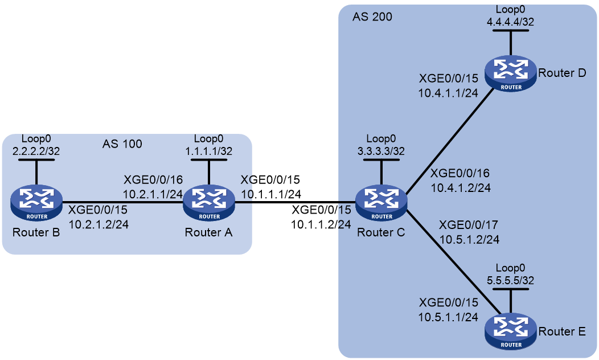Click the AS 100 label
[122, 144]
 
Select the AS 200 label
[372, 17]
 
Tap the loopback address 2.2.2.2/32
[36, 152]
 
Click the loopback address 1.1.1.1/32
[208, 152]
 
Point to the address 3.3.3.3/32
[381, 152]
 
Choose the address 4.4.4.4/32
[510, 22]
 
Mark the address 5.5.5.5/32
[510, 280]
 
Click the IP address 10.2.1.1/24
[153, 194]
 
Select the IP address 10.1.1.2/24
[321, 224]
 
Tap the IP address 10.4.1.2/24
[461, 187]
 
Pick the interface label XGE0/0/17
[469, 224]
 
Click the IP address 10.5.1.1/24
[448, 317]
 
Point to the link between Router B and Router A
[122, 202]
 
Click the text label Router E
[562, 332]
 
